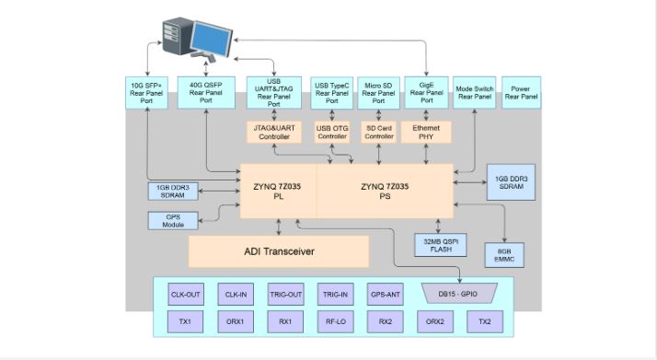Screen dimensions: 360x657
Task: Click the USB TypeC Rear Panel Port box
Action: pos(330,93)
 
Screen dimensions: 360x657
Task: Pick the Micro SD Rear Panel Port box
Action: pos(377,93)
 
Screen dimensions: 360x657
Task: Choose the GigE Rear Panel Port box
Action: pos(426,93)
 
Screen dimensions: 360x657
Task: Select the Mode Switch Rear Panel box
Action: pos(475,93)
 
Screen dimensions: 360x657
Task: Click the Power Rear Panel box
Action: pos(521,93)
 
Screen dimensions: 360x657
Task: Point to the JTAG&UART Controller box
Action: pos(272,132)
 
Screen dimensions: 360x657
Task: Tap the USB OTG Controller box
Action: pos(331,132)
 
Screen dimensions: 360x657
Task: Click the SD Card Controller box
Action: pos(378,132)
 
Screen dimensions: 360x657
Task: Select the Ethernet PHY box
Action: pos(426,132)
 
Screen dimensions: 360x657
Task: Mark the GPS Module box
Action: pos(173,221)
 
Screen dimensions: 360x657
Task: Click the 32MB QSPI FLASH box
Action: pos(437,245)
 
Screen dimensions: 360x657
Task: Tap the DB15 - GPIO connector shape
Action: pos(459,295)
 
